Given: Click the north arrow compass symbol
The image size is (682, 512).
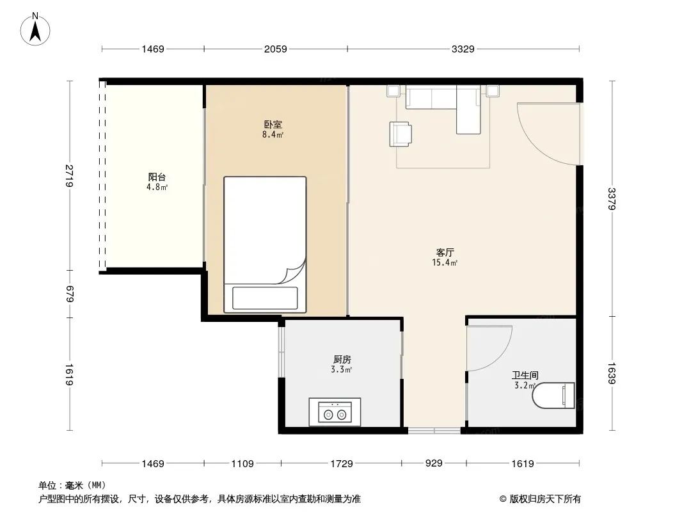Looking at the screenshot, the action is coord(35,29).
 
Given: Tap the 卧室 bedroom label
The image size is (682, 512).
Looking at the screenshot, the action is coord(273,124).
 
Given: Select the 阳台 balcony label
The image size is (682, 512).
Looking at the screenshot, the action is coord(157,177).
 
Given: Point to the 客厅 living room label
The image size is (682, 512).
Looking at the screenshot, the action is coord(445,252).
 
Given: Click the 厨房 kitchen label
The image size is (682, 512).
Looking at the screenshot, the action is coord(342,359).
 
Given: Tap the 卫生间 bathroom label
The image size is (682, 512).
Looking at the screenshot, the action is coord(525,375).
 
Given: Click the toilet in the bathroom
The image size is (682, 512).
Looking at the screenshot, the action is coord(553,396).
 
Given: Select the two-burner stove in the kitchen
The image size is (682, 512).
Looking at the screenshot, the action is coord(335,412).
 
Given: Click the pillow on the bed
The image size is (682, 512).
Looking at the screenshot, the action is coord(265,298).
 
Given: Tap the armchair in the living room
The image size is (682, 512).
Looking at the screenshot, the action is coord(400,134).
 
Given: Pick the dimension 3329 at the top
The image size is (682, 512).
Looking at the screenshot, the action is coord(463,49).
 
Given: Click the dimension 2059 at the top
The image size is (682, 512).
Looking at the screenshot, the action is coord(276,49).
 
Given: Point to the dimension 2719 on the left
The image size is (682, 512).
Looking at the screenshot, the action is coord(69,176).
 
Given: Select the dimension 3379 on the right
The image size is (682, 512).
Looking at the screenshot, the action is coord(612,199).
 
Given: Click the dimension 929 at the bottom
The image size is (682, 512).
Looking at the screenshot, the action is coord(434,463).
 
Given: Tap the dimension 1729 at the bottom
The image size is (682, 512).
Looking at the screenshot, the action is coord(342,464).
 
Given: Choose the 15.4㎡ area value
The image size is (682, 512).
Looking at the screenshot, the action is coord(445,262).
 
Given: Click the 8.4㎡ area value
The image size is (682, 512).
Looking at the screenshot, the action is coord(273,135).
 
